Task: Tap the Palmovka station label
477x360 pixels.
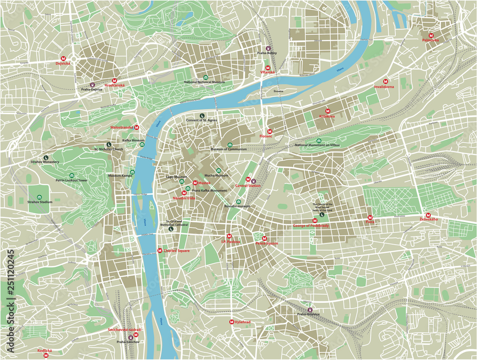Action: pyautogui.click(x=430, y=41)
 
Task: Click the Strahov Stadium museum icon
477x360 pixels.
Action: pyautogui.click(x=40, y=196)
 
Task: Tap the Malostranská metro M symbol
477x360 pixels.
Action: pyautogui.click(x=137, y=127)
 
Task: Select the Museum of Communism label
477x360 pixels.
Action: pyautogui.click(x=229, y=149)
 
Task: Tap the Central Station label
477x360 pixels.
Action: pyautogui.click(x=248, y=185)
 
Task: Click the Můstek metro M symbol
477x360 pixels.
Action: pyautogui.click(x=195, y=183)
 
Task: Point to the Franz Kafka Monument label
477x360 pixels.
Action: pyautogui.click(x=209, y=190)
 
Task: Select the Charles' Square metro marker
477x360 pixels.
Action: pyautogui.click(x=160, y=250)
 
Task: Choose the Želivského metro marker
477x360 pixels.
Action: pyautogui.click(x=428, y=215)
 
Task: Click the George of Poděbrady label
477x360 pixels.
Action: pyautogui.click(x=311, y=225)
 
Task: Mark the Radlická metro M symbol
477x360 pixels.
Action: pyautogui.click(x=46, y=355)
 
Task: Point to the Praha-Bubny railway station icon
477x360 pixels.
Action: pyautogui.click(x=268, y=48)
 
